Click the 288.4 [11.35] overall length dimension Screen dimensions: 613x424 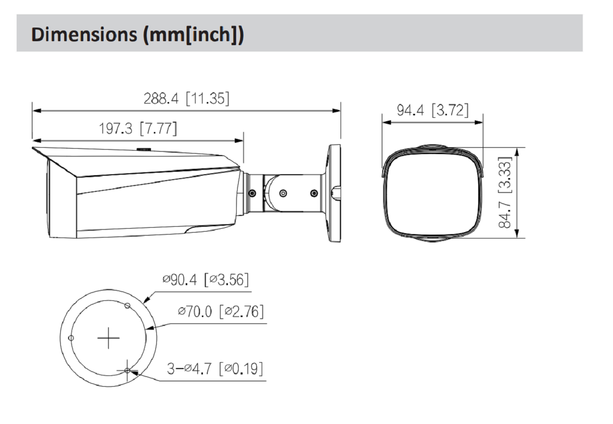(x=187, y=99)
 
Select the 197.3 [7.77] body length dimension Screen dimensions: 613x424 (x=138, y=128)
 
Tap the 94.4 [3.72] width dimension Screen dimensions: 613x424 (x=433, y=110)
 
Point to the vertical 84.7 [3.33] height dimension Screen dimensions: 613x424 (x=504, y=192)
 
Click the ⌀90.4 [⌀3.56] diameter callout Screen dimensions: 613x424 (x=205, y=280)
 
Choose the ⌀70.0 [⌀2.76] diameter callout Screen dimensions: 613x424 (x=221, y=311)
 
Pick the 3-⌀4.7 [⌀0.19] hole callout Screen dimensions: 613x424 (x=215, y=369)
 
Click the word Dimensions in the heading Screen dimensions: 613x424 (x=84, y=34)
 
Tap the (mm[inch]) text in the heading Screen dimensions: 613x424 (x=193, y=35)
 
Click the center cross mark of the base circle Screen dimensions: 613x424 (x=109, y=338)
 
